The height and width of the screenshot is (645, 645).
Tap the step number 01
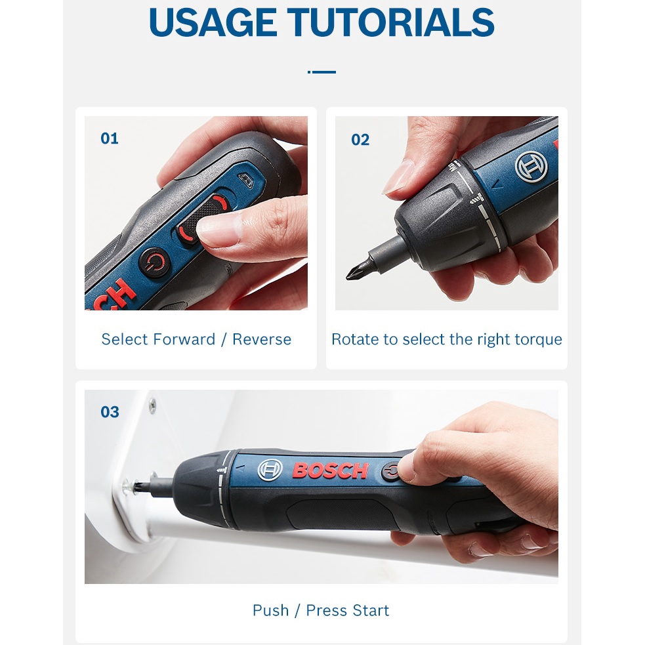click(110, 138)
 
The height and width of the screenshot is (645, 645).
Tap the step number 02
click(360, 140)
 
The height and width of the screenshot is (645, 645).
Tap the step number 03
click(110, 412)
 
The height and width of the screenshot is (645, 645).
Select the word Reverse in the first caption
click(262, 339)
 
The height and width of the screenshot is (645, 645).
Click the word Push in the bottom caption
click(271, 610)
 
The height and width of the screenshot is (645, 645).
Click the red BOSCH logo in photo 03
click(330, 470)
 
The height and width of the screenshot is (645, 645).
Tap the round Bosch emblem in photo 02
click(531, 167)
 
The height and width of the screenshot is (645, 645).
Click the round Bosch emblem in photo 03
click(270, 470)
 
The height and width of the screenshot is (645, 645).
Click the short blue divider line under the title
click(322, 72)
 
